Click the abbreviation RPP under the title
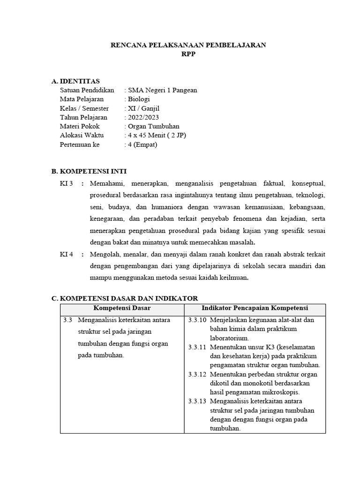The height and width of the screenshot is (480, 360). tap(188, 54)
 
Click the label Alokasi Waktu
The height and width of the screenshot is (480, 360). tap(82, 135)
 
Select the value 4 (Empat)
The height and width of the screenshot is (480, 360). tap(142, 144)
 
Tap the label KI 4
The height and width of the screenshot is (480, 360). tap(67, 254)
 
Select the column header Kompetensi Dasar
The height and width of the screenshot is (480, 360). tap(122, 308)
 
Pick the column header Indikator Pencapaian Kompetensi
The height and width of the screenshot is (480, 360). tap(255, 308)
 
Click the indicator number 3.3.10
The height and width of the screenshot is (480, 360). tap(197, 320)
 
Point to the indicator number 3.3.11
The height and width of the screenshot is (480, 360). tap(197, 347)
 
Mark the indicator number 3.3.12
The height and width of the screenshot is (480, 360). tap(197, 375)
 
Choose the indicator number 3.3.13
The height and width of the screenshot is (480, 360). tap(197, 402)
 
